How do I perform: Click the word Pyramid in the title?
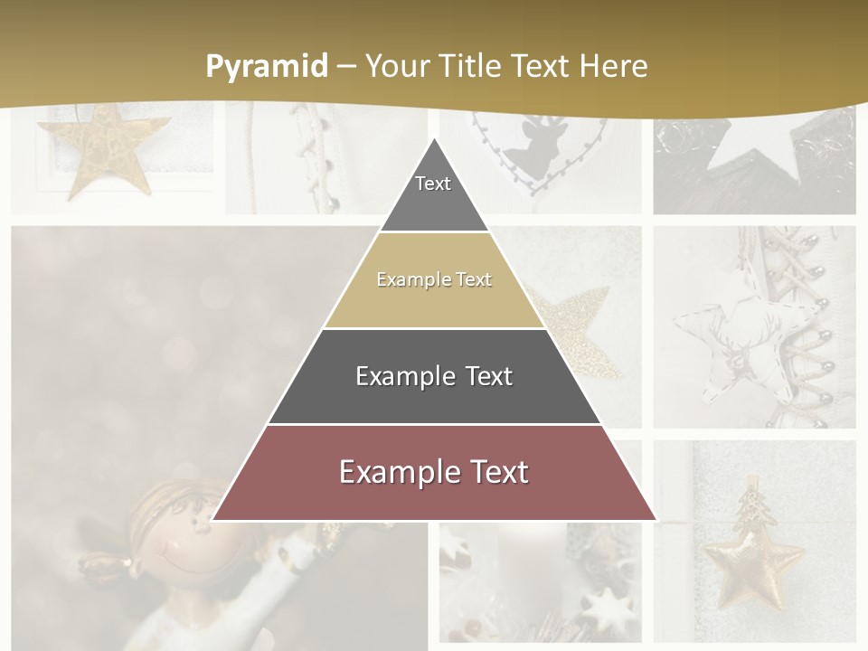[x=266, y=66]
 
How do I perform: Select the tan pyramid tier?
[x=434, y=280]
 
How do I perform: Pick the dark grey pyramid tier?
[x=434, y=376]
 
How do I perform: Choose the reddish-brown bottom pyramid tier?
[x=434, y=473]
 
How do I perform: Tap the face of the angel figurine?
[x=176, y=542]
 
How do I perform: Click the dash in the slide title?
[x=345, y=66]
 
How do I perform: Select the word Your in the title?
[x=396, y=66]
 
